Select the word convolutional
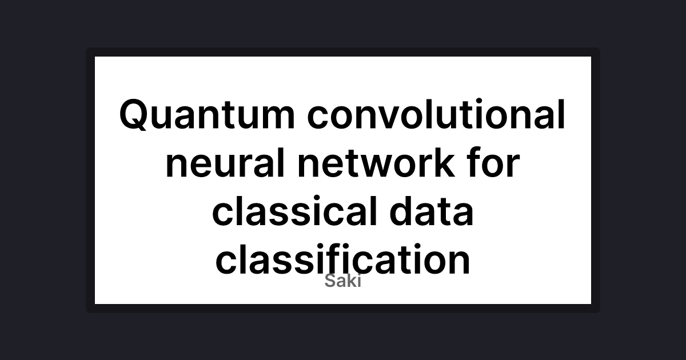tap(436, 115)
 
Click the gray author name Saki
tap(343, 281)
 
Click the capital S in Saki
tap(330, 281)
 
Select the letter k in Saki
tap(350, 281)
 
